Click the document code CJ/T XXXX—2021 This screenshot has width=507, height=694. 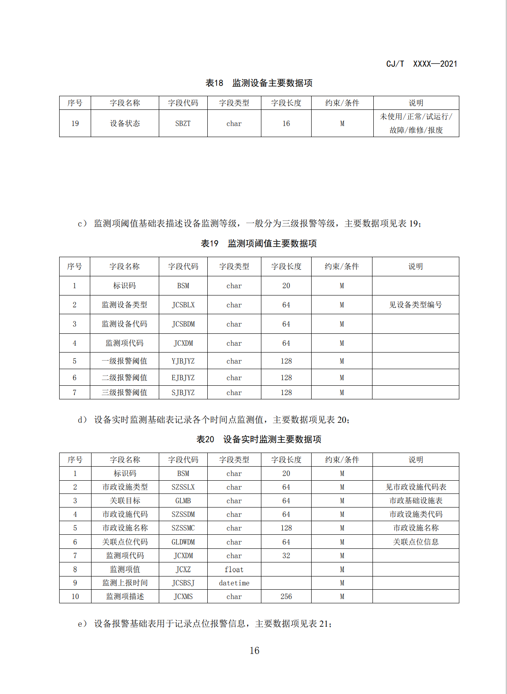(x=421, y=64)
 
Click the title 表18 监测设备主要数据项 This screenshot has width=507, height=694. (x=259, y=83)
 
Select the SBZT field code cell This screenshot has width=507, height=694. (x=183, y=123)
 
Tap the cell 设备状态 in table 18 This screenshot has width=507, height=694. (x=125, y=123)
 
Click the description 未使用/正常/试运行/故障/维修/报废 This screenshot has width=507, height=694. (x=416, y=123)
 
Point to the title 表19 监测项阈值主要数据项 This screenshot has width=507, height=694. (x=259, y=244)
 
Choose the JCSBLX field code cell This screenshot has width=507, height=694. (x=183, y=305)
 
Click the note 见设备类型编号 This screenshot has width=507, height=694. (x=415, y=305)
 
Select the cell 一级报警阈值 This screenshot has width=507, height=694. (x=124, y=361)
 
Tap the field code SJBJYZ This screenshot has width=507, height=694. (x=183, y=393)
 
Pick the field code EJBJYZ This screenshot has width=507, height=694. (x=183, y=378)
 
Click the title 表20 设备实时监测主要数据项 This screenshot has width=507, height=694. (x=259, y=439)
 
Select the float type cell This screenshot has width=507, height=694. (x=234, y=570)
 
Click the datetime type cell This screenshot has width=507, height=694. (x=234, y=583)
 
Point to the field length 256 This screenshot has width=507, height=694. (x=286, y=597)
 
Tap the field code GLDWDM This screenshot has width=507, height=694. (x=183, y=542)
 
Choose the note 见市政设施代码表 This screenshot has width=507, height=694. (x=416, y=487)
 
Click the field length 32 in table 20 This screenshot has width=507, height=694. (x=286, y=556)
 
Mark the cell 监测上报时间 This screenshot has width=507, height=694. (x=125, y=583)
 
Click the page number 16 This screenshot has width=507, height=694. (x=254, y=651)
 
